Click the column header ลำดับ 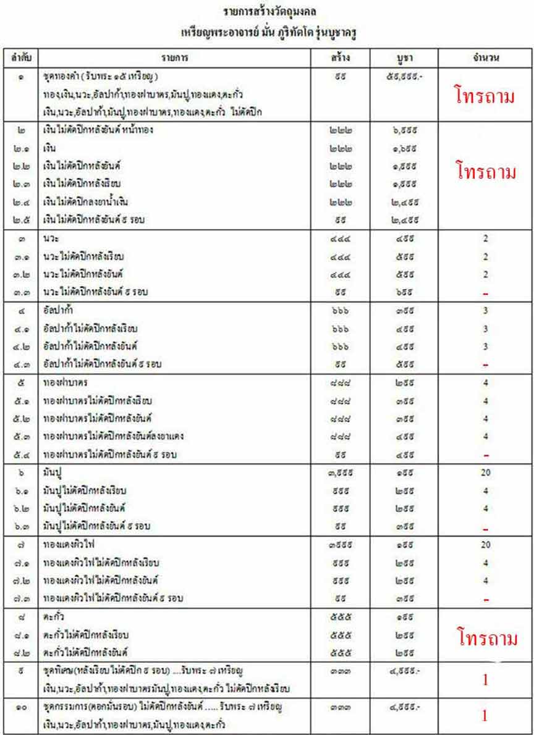[21, 58]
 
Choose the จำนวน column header [485, 58]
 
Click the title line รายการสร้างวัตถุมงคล [267, 12]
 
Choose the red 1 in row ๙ [485, 679]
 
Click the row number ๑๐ [22, 705]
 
